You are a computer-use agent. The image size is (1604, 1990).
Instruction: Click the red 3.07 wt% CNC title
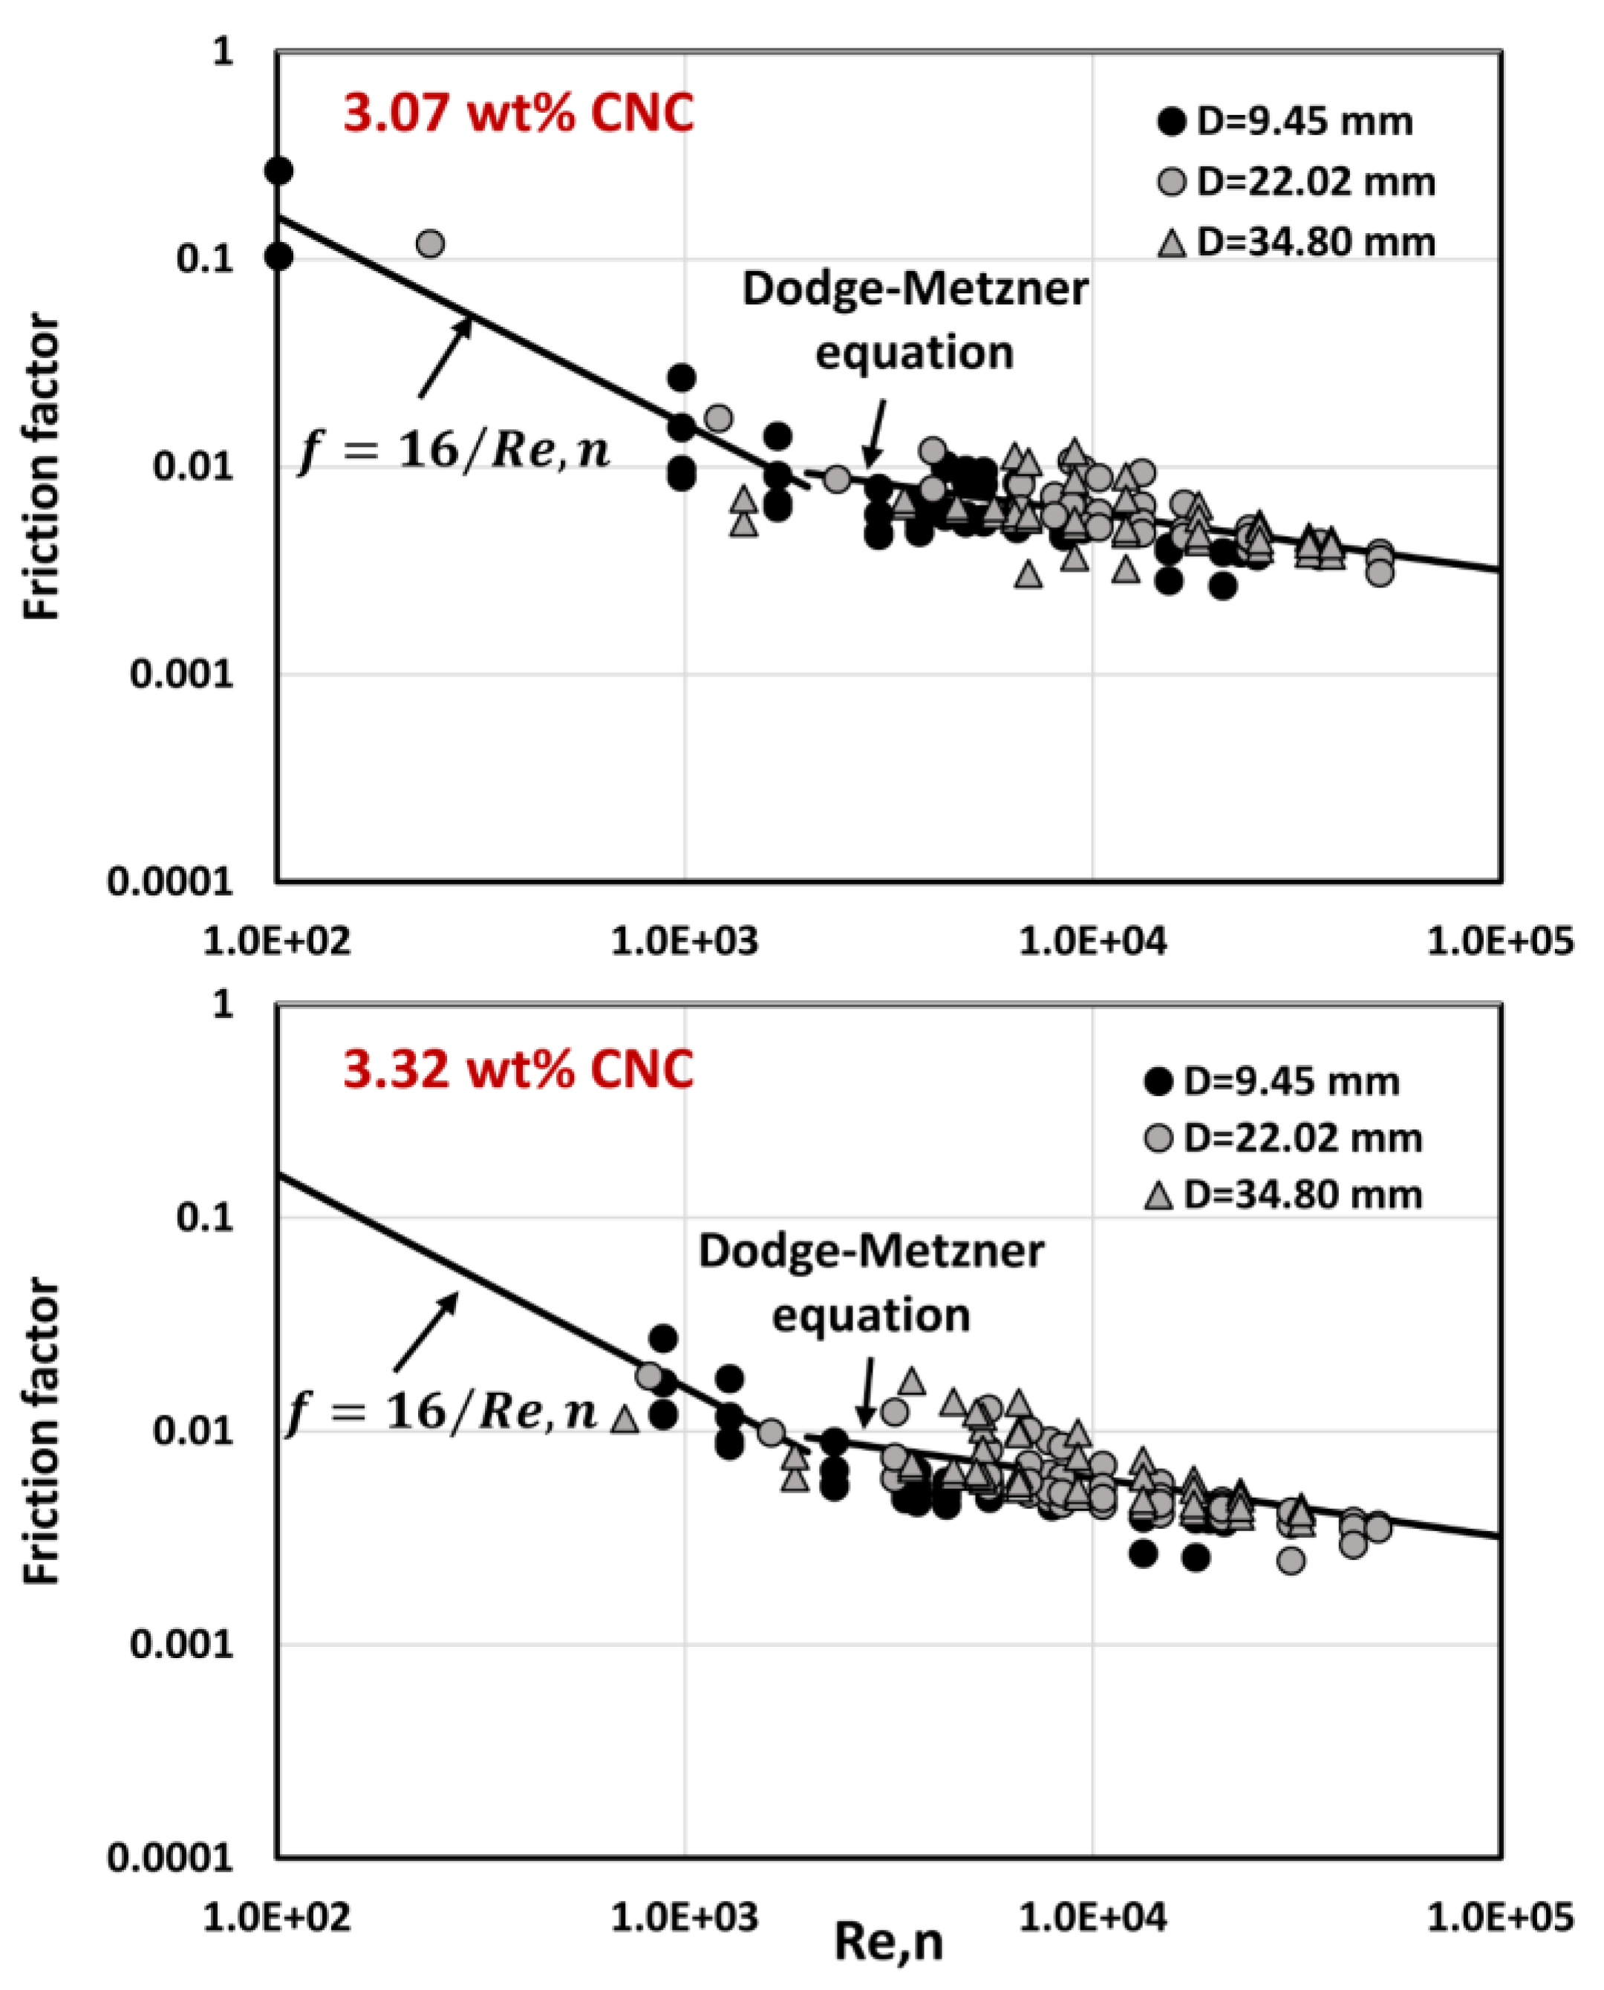pos(518,114)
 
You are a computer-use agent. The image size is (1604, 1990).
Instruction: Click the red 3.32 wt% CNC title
pos(518,1070)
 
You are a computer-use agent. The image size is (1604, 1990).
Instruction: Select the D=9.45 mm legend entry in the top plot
pos(1286,122)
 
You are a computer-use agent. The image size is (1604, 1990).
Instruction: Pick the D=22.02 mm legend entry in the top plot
pos(1298,182)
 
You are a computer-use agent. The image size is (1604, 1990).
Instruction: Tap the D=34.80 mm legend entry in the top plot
pos(1298,243)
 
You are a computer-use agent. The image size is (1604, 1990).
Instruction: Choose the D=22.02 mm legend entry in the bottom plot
pos(1284,1138)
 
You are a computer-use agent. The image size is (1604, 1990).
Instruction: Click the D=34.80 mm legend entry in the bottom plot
pos(1284,1195)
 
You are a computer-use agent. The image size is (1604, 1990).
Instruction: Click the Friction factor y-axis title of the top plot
pos(42,466)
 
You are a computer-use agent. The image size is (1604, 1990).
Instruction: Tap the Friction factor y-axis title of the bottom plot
pos(42,1432)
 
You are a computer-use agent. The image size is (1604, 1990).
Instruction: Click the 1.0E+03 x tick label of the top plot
pos(685,942)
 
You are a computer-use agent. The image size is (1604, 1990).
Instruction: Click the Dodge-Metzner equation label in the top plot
pos(915,321)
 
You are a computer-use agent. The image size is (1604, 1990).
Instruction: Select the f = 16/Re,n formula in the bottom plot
pos(443,1415)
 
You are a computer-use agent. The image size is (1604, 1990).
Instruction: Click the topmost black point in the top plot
pos(279,171)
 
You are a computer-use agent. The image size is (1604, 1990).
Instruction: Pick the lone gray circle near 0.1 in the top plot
pos(431,244)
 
